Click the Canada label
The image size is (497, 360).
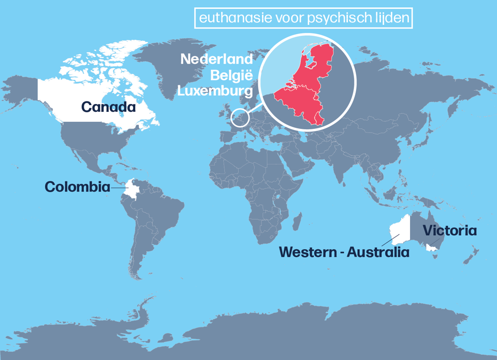[x=109, y=107]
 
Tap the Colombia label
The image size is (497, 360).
[x=78, y=186]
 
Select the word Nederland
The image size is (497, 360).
[x=216, y=59]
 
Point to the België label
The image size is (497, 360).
[x=231, y=76]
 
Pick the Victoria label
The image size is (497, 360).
[x=449, y=231]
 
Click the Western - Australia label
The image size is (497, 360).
[x=344, y=252]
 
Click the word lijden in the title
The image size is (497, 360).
[x=394, y=19]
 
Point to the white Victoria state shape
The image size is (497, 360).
[x=431, y=248]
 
